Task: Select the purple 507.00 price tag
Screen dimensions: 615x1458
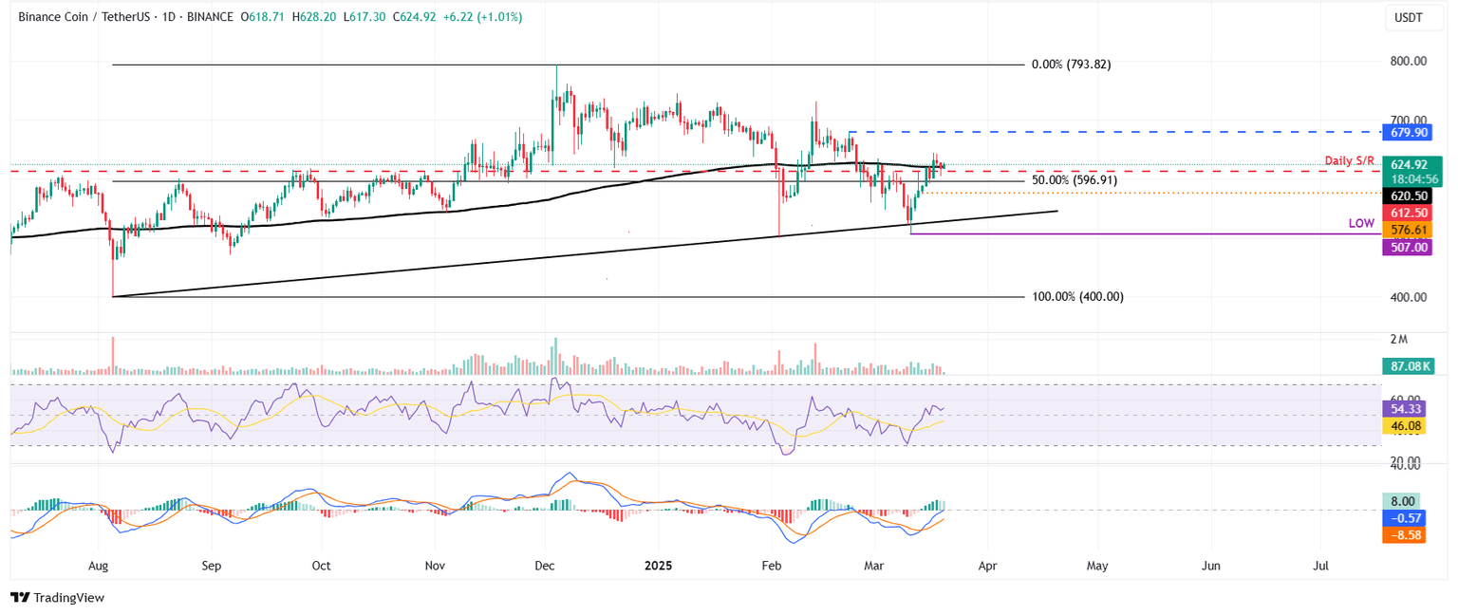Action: pos(1409,247)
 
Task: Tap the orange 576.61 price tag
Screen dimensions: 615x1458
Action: pos(1409,230)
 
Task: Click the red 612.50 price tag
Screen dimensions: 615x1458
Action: pos(1409,213)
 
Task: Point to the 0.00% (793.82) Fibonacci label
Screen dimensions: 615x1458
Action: pos(1071,65)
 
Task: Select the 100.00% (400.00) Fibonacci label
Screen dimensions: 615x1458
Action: pos(1077,297)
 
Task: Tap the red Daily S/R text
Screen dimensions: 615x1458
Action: pos(1351,161)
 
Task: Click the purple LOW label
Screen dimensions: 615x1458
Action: pos(1361,224)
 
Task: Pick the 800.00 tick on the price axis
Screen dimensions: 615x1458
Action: pos(1408,61)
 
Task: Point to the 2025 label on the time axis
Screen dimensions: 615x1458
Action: pos(658,566)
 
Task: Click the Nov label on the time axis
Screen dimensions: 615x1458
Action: pos(434,566)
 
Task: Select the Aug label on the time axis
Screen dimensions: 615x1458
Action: pos(98,566)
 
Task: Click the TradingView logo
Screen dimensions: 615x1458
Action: pos(58,597)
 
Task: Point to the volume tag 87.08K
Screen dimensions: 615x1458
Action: pos(1411,364)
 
